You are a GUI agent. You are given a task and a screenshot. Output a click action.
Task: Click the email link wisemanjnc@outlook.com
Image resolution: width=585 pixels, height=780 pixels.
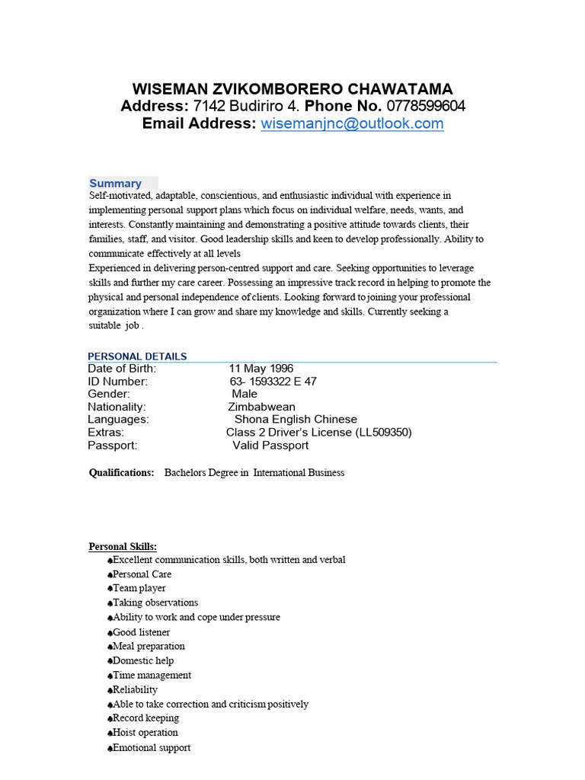[352, 124]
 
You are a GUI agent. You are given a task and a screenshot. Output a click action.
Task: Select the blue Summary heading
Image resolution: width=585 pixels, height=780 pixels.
[115, 184]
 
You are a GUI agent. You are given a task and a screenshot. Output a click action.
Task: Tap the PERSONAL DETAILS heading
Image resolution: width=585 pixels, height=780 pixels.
[137, 356]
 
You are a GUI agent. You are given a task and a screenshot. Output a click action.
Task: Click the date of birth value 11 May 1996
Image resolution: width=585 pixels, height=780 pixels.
[261, 369]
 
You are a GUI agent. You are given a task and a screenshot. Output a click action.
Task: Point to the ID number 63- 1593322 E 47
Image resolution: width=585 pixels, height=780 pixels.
[273, 382]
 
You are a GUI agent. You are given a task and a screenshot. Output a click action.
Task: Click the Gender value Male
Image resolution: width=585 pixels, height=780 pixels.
[245, 394]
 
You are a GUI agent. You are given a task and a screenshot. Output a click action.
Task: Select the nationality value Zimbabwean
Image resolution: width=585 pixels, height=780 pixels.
[257, 407]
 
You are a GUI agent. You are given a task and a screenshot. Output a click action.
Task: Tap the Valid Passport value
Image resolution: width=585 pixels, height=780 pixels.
[270, 445]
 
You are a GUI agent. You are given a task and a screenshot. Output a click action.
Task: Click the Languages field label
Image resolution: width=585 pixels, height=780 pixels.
[118, 419]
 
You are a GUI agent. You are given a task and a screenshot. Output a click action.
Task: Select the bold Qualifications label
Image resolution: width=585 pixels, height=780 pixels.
[121, 473]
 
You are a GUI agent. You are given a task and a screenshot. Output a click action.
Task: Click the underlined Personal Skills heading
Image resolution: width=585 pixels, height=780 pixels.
[123, 546]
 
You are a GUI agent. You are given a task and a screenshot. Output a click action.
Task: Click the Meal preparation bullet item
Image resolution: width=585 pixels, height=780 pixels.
[149, 646]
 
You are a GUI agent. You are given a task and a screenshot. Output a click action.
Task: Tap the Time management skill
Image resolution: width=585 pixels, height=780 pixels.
[152, 675]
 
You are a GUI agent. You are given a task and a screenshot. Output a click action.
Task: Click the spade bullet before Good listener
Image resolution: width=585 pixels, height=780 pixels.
[110, 632]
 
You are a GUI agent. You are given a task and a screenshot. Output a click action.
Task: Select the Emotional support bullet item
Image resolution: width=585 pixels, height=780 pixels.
[152, 747]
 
